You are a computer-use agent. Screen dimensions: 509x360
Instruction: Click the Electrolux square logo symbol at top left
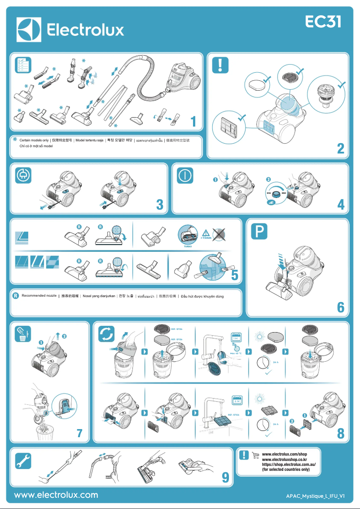pyautogui.click(x=29, y=30)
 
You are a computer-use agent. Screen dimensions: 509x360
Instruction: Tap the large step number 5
pyautogui.click(x=234, y=276)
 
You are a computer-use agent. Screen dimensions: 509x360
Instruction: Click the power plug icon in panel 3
pyautogui.click(x=22, y=176)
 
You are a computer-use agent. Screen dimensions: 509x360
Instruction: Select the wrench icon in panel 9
pyautogui.click(x=22, y=460)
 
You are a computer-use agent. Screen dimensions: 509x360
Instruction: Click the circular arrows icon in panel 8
pyautogui.click(x=107, y=334)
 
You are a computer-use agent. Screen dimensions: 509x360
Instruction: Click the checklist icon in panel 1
pyautogui.click(x=22, y=65)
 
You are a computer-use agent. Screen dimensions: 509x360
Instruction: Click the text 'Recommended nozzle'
pyautogui.click(x=39, y=296)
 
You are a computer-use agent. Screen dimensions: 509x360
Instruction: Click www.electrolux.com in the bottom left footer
pyautogui.click(x=56, y=495)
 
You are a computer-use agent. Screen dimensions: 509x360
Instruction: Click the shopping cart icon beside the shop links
pyautogui.click(x=255, y=455)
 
